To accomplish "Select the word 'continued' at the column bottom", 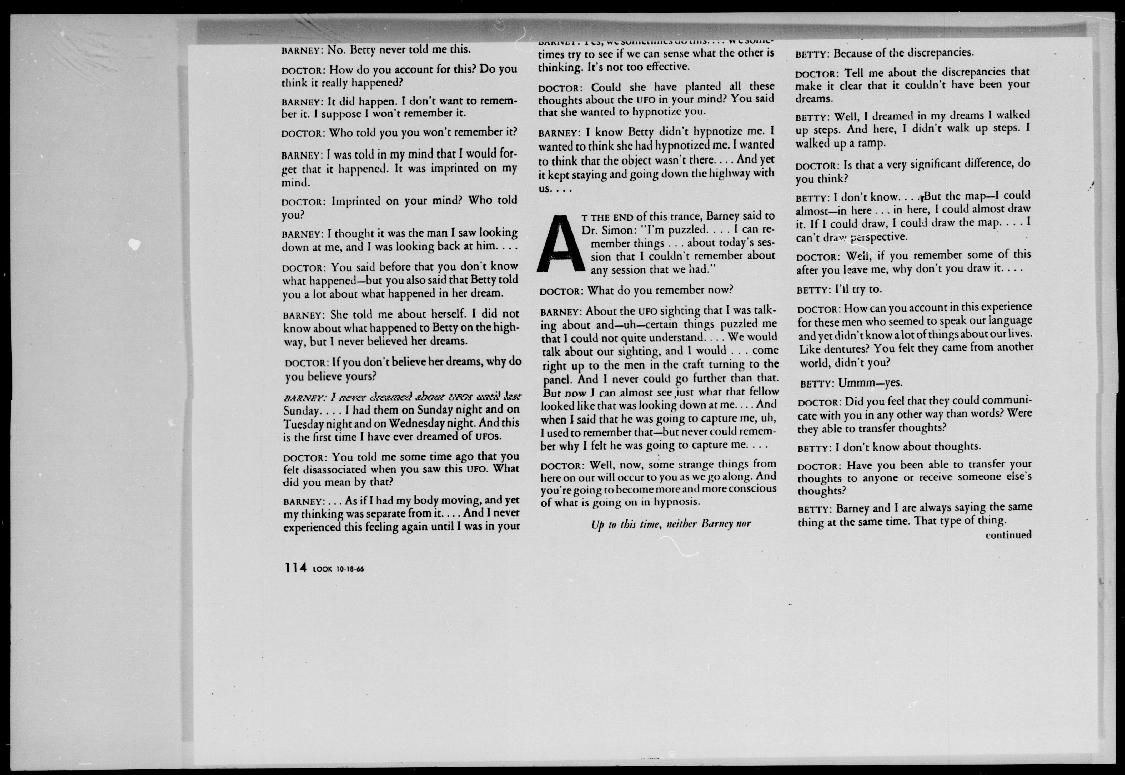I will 1008,535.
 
